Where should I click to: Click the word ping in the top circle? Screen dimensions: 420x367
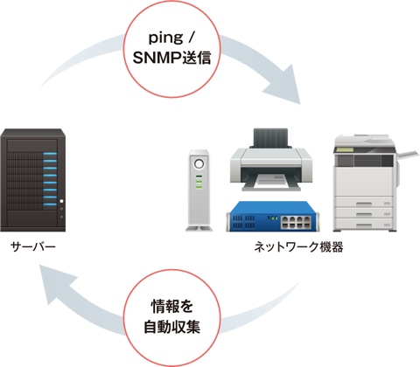point(165,38)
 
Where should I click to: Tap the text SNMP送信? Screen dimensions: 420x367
point(171,58)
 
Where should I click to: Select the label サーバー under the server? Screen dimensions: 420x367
point(32,247)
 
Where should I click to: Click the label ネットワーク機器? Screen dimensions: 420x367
point(298,247)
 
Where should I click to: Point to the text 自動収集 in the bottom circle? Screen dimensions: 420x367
point(171,327)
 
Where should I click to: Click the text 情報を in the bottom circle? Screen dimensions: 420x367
point(171,306)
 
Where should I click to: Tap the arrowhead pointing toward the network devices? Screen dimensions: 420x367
point(284,86)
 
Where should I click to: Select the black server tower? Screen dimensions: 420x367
point(32,180)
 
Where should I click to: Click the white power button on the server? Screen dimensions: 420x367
point(61,201)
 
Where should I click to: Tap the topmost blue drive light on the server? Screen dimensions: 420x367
point(50,154)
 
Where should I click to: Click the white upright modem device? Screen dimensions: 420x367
point(199,190)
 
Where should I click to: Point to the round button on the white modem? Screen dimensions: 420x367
point(199,164)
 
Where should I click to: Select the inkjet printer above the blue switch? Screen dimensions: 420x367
point(270,160)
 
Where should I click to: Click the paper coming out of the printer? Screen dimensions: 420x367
point(271,181)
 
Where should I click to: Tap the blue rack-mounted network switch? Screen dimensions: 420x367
point(272,217)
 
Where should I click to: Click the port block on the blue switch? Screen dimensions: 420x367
point(295,222)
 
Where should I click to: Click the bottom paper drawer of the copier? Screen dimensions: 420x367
point(363,224)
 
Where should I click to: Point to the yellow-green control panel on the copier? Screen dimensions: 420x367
point(345,149)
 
